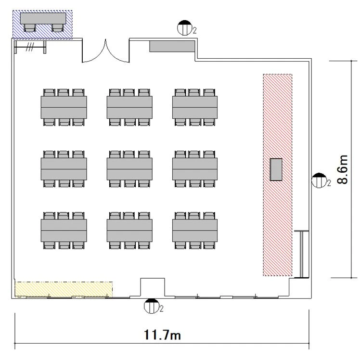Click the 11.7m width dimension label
(162, 334)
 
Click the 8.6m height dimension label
(342, 169)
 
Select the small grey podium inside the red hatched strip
(276, 169)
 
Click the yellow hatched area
(64, 289)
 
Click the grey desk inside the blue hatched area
(43, 18)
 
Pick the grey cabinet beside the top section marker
(172, 46)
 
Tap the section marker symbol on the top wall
(184, 28)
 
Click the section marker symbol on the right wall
(319, 180)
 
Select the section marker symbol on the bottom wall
(151, 306)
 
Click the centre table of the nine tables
(129, 169)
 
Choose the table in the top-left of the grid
(64, 107)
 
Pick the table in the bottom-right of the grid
(195, 231)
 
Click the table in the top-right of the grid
(195, 107)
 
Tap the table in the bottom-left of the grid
(64, 231)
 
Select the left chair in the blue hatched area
(30, 28)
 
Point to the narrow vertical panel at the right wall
(301, 254)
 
